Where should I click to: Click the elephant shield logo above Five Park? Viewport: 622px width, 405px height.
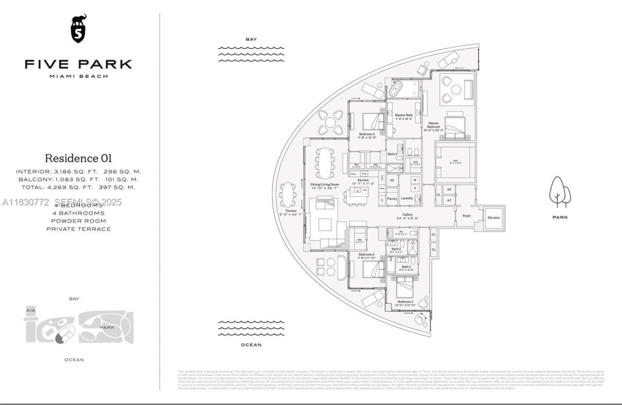coord(78,29)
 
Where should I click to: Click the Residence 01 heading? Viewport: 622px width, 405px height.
coord(78,158)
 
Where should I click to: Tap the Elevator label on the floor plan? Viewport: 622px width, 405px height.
coord(493,217)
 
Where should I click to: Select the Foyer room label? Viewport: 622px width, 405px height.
coord(466,215)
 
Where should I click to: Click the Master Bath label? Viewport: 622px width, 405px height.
coord(403,115)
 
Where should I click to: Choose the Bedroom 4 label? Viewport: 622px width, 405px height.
coord(366,134)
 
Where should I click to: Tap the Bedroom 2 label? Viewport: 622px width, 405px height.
coord(405,301)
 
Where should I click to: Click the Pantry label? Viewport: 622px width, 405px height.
coord(392,198)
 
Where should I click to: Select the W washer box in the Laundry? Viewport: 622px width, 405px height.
coord(415,180)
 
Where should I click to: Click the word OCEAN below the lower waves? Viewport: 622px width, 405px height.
coord(251,345)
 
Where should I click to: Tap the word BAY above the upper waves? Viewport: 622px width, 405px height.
coord(251,39)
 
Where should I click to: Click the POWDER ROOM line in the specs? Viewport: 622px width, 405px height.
coord(78,221)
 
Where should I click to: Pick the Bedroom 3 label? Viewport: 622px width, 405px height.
coord(366,254)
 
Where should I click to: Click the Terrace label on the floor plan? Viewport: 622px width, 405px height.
coord(291,211)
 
